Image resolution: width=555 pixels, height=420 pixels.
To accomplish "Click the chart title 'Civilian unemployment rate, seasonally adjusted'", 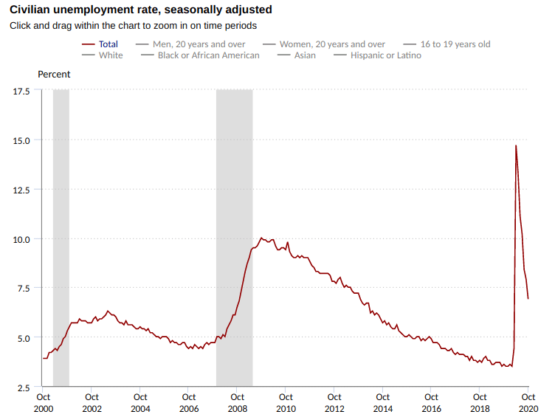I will (140, 10).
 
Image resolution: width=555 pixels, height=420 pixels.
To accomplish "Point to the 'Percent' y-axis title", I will (54, 74).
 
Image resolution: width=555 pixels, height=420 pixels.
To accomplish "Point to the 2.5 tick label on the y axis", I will (24, 388).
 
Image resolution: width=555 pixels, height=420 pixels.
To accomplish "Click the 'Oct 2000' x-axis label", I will (42, 403).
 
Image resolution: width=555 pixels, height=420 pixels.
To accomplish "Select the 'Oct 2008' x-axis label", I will (237, 403).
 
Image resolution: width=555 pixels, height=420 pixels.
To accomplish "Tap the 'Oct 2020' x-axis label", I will (528, 403).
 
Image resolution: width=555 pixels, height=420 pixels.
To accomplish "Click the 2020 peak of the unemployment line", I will (516, 145).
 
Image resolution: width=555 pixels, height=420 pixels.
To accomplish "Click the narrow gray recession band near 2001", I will (61, 236).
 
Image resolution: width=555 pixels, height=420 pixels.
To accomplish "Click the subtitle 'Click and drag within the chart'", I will (133, 26).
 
